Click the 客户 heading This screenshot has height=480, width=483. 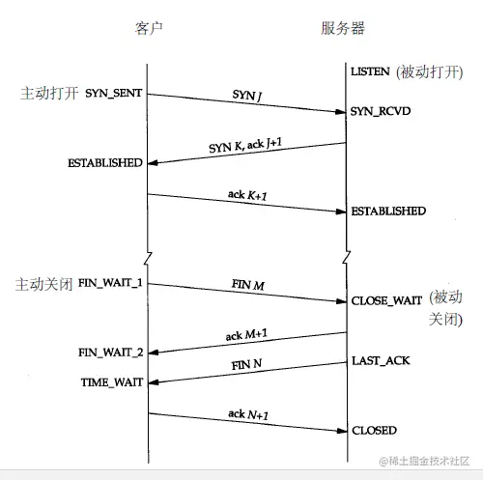click(x=149, y=28)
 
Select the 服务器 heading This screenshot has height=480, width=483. click(x=343, y=28)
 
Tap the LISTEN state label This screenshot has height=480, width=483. click(x=370, y=71)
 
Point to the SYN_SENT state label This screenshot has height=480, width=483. click(x=113, y=93)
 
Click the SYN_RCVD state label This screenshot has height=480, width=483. click(x=381, y=111)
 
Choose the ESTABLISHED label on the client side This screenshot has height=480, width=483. click(x=105, y=163)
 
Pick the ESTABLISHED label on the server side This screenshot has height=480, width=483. click(x=388, y=212)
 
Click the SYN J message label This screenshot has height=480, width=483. click(x=247, y=96)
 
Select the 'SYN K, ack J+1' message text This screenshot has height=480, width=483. click(x=245, y=145)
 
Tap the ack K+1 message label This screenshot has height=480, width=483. click(x=247, y=195)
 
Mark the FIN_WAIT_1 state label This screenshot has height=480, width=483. click(x=110, y=283)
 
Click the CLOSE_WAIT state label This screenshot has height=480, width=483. click(x=386, y=300)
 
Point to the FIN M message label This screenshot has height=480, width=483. click(x=248, y=285)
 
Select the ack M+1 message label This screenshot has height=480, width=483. click(x=246, y=335)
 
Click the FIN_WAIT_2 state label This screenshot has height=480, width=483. click(x=111, y=353)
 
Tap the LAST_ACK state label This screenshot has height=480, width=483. click(x=381, y=360)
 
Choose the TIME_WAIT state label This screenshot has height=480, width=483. click(x=112, y=382)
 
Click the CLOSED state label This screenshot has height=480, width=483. click(x=374, y=431)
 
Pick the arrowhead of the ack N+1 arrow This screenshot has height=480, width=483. click(x=342, y=431)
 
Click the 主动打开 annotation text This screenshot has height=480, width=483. click(x=49, y=94)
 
